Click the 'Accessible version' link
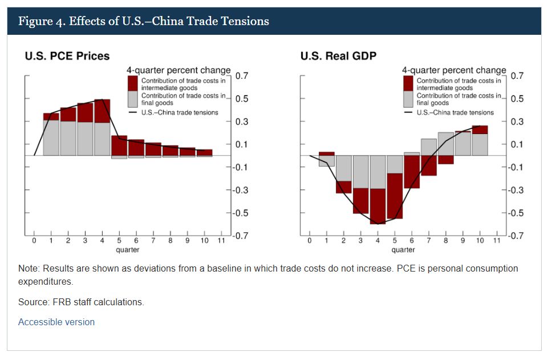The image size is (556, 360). point(56,322)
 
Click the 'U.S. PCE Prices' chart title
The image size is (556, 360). point(67,56)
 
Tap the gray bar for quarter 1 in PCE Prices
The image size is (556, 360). point(51,137)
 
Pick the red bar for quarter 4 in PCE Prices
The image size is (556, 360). point(102,111)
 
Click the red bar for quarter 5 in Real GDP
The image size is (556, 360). point(394,196)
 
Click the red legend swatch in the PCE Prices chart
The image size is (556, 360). point(132,83)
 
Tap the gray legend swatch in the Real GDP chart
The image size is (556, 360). point(408,99)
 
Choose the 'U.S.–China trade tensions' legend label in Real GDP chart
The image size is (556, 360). point(455,112)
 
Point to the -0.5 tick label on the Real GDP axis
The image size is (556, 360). point(516,213)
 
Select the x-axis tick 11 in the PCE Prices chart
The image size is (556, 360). point(221,241)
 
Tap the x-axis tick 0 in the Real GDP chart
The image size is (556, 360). point(309,241)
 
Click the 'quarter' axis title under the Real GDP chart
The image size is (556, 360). point(403,249)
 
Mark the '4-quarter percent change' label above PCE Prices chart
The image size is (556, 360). point(178,70)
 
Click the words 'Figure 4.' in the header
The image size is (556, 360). point(41,22)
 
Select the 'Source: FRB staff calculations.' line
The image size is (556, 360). point(81,302)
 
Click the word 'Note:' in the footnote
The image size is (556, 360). point(28,268)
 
